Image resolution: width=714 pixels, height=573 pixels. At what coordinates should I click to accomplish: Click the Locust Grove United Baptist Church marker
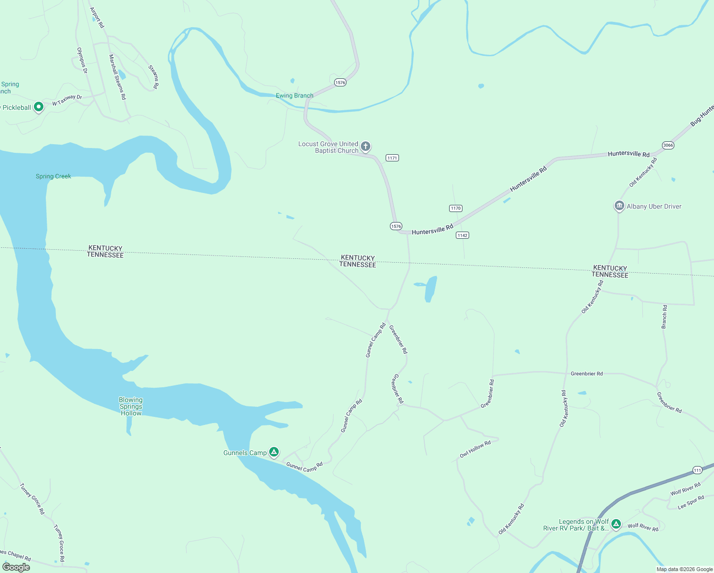(366, 146)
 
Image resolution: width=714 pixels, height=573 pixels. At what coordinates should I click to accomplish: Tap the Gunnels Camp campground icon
(273, 452)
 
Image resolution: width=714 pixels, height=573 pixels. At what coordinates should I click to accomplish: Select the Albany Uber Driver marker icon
(619, 206)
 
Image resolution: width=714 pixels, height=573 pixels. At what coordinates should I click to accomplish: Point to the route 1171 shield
(392, 158)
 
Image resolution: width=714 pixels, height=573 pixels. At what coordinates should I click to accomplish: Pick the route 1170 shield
(456, 208)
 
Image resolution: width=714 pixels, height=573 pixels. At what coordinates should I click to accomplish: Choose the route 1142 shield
(462, 235)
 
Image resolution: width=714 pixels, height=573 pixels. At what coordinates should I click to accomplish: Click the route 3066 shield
(668, 145)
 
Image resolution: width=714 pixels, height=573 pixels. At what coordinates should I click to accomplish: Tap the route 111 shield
(697, 470)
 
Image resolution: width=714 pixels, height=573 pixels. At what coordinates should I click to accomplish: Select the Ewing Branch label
(294, 95)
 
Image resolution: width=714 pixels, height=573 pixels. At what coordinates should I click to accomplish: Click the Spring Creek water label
(53, 176)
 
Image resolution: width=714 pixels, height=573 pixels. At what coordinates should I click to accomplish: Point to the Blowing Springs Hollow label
(131, 406)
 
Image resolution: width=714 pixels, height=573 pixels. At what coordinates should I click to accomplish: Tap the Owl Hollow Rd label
(475, 449)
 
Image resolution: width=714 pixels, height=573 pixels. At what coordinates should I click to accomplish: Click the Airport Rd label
(97, 17)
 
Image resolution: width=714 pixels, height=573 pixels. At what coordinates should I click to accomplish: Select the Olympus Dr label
(82, 60)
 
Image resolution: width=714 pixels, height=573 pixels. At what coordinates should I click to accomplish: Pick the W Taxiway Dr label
(67, 100)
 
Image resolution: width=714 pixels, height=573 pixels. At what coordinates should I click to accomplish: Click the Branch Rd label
(664, 317)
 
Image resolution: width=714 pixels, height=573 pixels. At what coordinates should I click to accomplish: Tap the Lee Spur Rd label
(691, 502)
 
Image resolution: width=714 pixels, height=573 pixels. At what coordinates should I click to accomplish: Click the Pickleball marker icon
(39, 106)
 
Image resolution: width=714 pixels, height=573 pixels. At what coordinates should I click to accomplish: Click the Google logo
(16, 567)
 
